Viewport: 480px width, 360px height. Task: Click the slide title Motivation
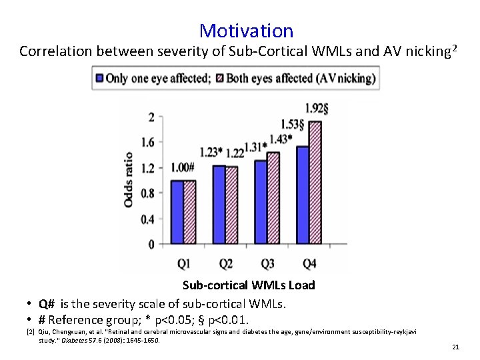tap(246, 31)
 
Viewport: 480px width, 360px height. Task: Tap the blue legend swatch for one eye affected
tap(99, 78)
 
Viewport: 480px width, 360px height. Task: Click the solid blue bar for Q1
tap(177, 212)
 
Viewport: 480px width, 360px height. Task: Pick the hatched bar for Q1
tap(190, 212)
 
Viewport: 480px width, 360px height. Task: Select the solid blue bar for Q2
tap(219, 205)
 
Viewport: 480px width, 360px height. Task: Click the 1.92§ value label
tap(316, 108)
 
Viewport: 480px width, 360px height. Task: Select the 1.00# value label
tap(182, 167)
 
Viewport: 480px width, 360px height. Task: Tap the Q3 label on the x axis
tap(267, 264)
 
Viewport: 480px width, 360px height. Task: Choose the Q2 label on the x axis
tap(225, 264)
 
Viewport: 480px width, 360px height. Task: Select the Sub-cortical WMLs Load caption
tap(249, 285)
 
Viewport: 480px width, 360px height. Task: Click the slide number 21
tap(456, 347)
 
